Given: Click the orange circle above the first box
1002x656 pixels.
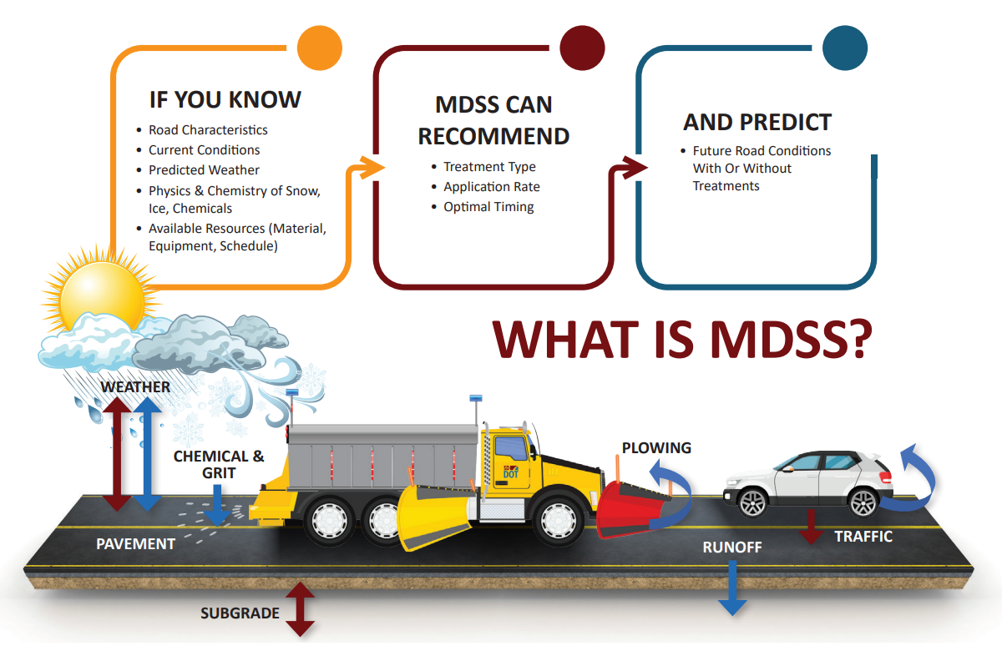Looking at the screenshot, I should tap(321, 48).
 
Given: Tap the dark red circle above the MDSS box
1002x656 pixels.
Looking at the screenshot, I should tap(583, 48).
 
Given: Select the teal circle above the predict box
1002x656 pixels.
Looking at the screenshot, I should tap(845, 48).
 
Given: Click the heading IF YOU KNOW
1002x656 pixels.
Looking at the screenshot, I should tap(225, 100).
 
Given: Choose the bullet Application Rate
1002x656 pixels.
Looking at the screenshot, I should tap(491, 187).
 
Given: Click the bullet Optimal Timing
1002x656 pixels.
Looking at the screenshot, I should tap(488, 207).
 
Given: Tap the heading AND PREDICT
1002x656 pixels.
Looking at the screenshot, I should tap(757, 123).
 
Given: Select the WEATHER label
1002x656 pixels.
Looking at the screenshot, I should tap(135, 387).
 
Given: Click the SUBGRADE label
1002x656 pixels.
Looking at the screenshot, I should tap(240, 613).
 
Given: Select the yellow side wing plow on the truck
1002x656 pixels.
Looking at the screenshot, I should tap(431, 517).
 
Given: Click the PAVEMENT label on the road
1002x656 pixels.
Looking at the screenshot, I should tap(135, 544).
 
